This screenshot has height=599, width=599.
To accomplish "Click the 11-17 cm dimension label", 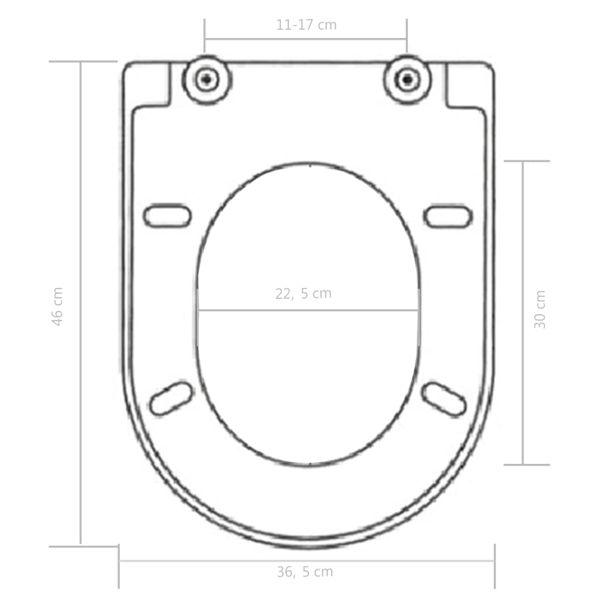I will [x=306, y=25].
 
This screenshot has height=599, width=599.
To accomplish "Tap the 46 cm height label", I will [x=57, y=306].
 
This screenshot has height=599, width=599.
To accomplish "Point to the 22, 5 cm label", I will [x=303, y=294].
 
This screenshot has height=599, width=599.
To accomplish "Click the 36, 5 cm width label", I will [x=305, y=572].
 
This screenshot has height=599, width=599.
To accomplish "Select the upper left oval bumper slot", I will [x=167, y=216].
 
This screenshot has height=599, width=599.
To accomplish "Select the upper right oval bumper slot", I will [x=447, y=216].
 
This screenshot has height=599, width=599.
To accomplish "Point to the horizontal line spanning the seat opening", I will [x=308, y=309].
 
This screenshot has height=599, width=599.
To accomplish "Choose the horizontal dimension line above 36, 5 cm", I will [x=307, y=561].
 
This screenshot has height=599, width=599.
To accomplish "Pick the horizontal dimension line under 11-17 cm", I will [x=305, y=39].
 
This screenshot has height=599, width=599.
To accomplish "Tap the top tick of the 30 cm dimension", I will [x=526, y=161].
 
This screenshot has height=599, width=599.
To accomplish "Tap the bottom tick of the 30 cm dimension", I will [x=526, y=465].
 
